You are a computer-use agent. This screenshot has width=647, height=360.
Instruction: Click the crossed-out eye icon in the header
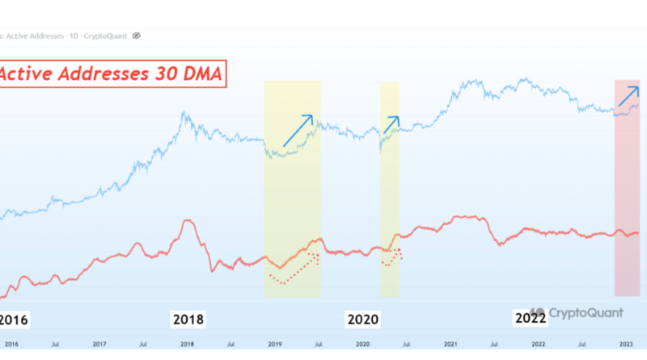137,36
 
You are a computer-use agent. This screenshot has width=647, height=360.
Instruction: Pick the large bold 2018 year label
189,319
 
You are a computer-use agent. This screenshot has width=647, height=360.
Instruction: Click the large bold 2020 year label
364,319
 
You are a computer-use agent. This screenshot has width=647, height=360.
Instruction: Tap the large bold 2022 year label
530,319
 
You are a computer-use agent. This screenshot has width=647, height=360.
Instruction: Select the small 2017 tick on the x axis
99,344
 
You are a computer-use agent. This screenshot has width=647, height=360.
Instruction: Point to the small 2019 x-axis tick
275,344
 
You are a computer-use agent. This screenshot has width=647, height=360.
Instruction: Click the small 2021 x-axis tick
451,344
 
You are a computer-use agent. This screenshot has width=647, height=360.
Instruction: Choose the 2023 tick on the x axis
626,344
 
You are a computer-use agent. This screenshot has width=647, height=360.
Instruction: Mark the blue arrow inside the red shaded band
628,96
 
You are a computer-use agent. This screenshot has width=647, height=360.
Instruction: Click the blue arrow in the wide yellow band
298,130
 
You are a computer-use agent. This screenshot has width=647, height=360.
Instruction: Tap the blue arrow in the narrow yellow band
391,125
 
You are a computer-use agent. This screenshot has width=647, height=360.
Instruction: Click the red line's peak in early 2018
188,220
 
